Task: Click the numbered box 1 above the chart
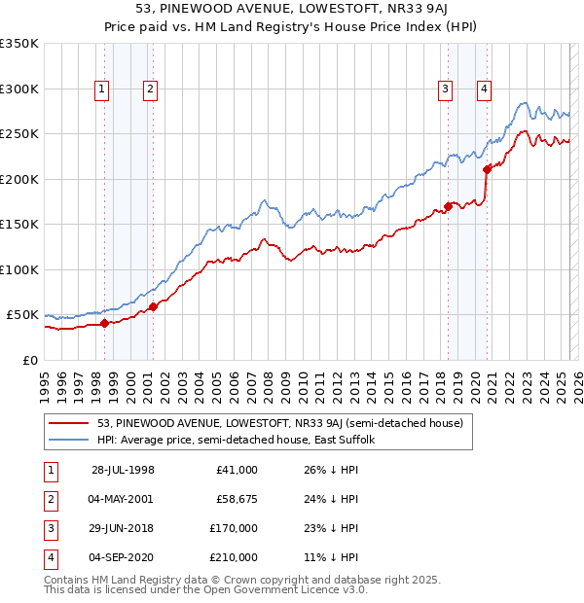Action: (x=103, y=89)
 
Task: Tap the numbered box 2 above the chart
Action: (x=151, y=89)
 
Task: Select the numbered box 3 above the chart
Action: (x=446, y=89)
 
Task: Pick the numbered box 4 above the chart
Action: (x=484, y=89)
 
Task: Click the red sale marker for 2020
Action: (x=487, y=169)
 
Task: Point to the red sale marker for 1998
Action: (x=104, y=323)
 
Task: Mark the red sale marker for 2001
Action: (x=153, y=307)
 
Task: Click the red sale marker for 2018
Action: (x=448, y=205)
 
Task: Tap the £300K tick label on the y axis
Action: (x=19, y=89)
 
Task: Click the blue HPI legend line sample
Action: (x=68, y=440)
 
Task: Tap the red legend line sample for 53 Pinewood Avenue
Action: (x=68, y=423)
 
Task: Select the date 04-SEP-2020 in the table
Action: (x=123, y=557)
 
